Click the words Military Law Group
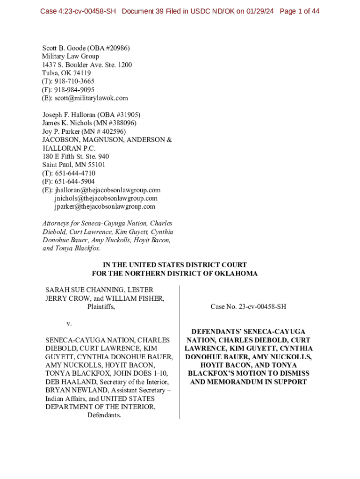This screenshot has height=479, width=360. point(71,56)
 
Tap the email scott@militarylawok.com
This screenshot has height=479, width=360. point(91,98)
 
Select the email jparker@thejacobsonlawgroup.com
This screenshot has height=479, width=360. point(105,206)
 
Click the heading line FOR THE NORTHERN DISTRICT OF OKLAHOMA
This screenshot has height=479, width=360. point(174,274)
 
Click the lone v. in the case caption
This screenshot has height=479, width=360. point(69,323)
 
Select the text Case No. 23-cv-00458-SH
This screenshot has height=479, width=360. point(248,307)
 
